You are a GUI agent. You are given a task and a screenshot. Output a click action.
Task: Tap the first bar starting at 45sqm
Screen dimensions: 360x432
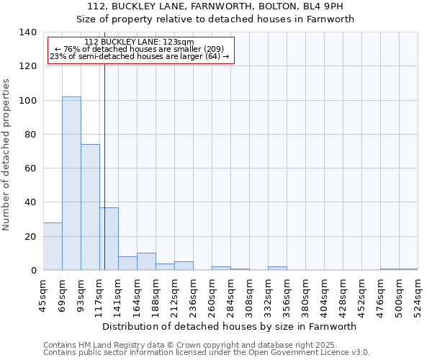coord(53,246)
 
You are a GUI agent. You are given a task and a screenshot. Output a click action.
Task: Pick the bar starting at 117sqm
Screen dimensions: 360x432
coord(109,238)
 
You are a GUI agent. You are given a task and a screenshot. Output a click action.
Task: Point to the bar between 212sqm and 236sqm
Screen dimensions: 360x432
coord(184,266)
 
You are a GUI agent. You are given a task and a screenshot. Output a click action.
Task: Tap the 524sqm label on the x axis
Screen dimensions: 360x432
coord(418,295)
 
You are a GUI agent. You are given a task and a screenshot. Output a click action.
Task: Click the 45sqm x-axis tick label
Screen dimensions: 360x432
coord(43,295)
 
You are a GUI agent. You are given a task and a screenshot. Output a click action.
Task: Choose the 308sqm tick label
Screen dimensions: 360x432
coord(249,295)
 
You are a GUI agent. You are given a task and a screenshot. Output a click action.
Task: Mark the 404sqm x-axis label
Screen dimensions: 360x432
coord(324,295)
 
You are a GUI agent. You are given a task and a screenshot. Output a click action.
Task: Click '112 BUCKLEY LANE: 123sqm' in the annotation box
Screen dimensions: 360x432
coord(139,42)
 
